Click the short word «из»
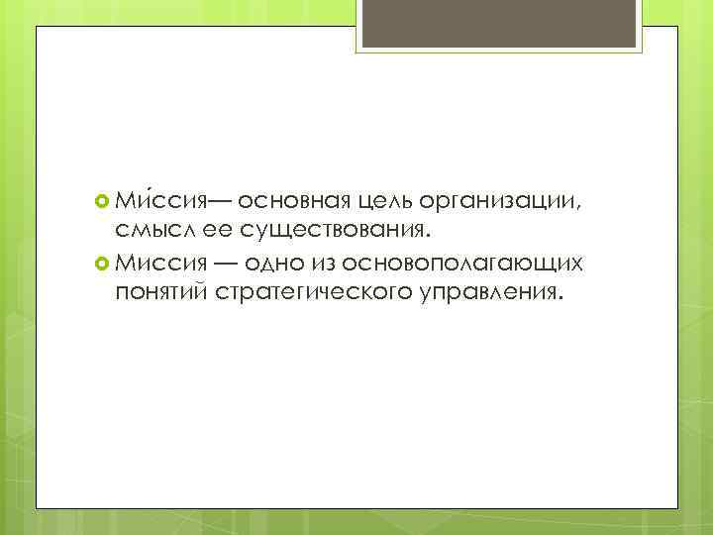point(326,263)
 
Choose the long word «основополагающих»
point(466,264)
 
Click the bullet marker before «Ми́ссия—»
point(100,203)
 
